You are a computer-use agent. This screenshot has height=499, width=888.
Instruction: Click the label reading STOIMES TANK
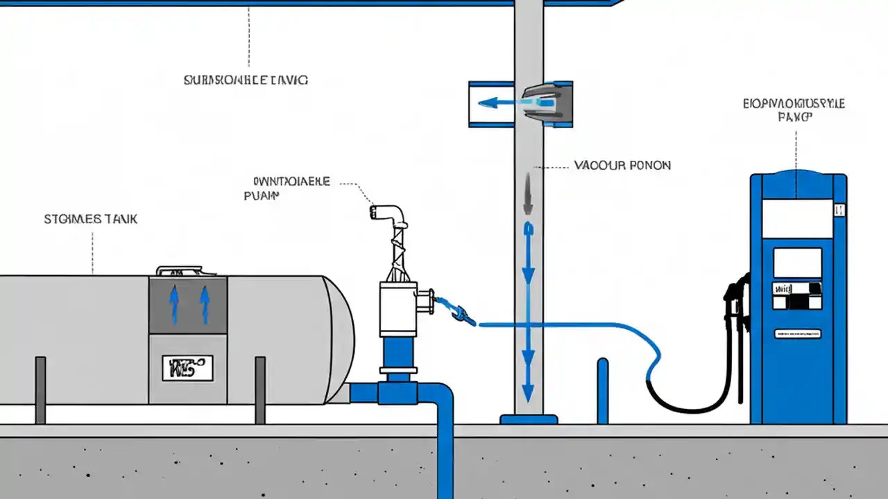91,219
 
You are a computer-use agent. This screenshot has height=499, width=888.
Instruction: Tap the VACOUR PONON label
622,166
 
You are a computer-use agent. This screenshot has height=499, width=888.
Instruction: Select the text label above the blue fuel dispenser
794,111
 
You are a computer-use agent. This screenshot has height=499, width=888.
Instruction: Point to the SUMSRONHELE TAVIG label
246,80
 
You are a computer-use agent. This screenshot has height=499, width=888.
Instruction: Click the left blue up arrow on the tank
174,305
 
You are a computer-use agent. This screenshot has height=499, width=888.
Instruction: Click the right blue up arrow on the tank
204,305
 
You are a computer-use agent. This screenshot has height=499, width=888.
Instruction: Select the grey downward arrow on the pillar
528,194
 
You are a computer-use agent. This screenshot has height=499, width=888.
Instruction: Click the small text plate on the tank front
187,368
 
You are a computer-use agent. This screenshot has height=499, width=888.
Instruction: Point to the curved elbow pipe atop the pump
389,213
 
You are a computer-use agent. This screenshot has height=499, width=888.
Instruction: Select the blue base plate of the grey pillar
529,419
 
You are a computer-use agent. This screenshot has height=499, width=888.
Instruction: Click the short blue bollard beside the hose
602,391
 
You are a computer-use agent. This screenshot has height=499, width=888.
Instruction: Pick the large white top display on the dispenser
797,218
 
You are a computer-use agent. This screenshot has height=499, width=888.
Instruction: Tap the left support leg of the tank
40,389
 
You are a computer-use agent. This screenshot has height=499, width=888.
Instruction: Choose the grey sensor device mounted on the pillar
548,104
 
